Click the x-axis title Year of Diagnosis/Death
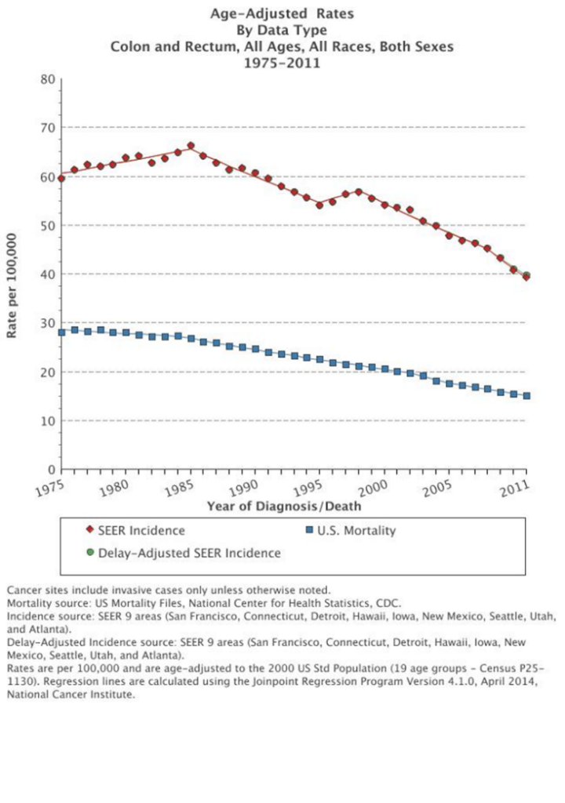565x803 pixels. (x=284, y=506)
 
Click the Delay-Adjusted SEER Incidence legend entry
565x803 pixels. (x=182, y=553)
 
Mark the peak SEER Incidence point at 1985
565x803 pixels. (x=191, y=146)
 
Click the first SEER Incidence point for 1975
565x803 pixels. (x=61, y=179)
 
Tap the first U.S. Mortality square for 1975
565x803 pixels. (x=61, y=332)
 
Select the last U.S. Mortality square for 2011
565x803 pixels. (x=527, y=396)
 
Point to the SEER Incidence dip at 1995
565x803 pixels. (x=319, y=205)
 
